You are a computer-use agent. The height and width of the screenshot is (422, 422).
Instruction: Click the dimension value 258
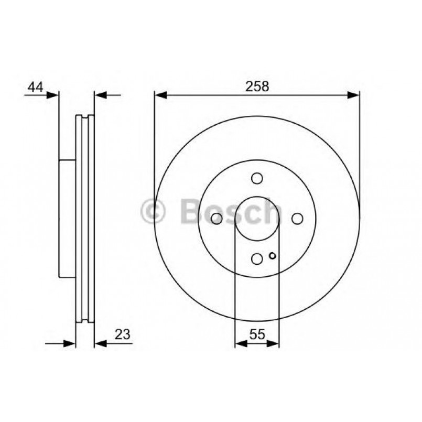pos(257,87)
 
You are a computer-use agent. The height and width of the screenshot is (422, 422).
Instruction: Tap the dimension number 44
pos(35,87)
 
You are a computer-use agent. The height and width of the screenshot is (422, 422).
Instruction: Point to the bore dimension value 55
pos(257,334)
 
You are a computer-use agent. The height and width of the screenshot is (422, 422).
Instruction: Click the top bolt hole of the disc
pos(257,179)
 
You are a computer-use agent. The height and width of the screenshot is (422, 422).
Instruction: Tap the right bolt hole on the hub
pos(297,219)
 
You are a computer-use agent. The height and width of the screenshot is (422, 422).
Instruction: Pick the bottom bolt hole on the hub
pos(257,258)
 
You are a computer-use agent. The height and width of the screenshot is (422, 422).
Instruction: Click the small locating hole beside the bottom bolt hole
pos(272,256)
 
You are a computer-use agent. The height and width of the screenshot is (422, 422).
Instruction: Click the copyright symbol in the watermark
pos(154,211)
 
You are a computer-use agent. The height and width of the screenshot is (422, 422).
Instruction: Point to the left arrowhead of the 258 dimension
pos(160,95)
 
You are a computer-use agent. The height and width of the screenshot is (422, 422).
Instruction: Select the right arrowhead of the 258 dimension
pos(354,95)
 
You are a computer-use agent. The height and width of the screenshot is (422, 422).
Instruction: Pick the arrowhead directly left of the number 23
pos(100,344)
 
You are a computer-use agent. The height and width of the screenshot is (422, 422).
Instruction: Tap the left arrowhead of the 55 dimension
pos(240,344)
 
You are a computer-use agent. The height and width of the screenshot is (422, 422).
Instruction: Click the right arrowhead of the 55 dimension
pos(274,344)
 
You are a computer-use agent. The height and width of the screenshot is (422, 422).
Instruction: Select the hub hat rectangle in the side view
pos(67,219)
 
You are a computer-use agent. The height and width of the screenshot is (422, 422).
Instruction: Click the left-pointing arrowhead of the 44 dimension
pos(100,95)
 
